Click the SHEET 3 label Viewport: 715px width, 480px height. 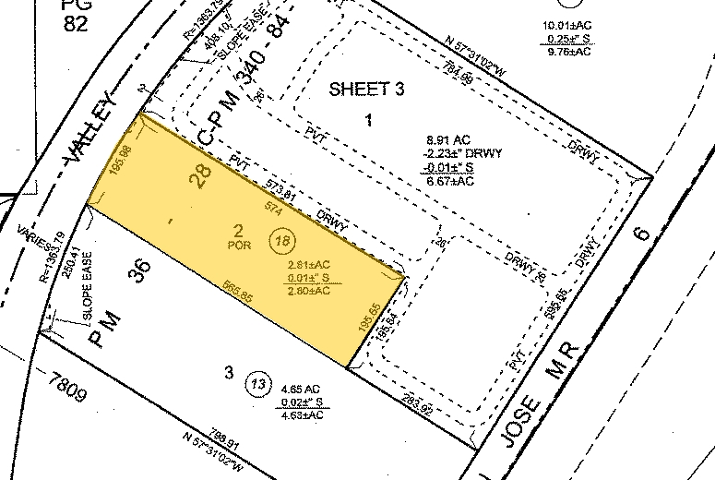[x=367, y=89]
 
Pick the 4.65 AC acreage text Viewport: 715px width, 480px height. [x=303, y=389]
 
